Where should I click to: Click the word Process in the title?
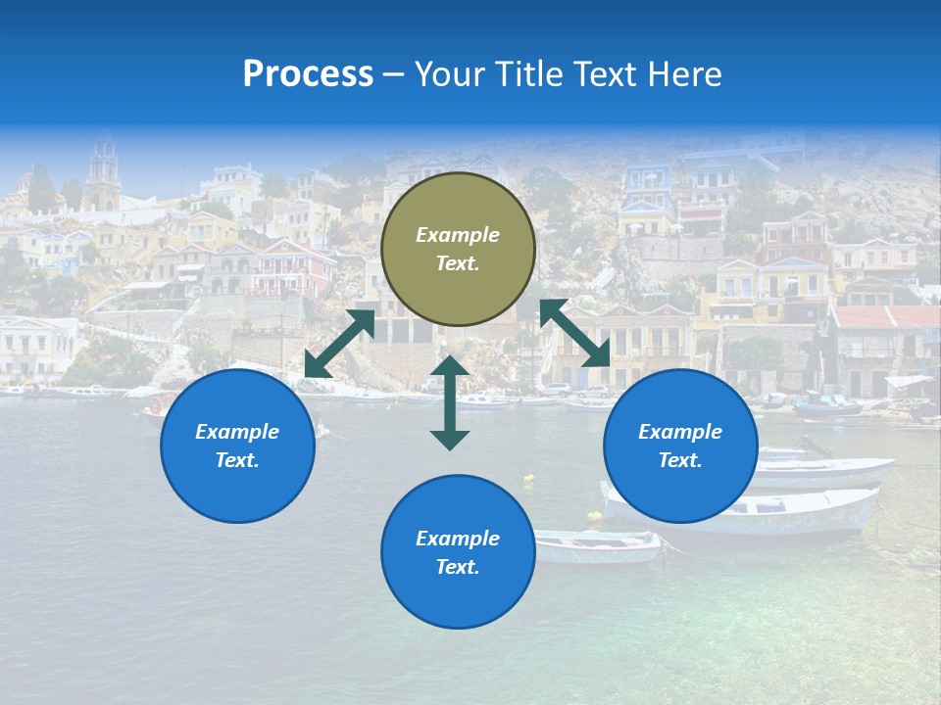(x=308, y=74)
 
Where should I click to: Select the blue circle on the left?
(x=237, y=446)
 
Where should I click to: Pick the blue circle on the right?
(x=680, y=446)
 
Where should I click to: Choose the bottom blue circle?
(x=458, y=551)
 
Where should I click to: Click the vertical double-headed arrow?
(x=450, y=402)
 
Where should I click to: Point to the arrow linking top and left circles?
(x=339, y=344)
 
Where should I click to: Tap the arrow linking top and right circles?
(x=575, y=332)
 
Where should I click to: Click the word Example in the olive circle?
(x=458, y=235)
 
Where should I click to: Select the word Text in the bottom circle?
(x=456, y=567)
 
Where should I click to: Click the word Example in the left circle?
(x=237, y=432)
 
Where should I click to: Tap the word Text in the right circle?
(x=678, y=460)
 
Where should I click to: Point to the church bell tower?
(x=103, y=176)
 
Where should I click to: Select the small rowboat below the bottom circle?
(x=598, y=545)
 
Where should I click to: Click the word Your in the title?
(x=448, y=74)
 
